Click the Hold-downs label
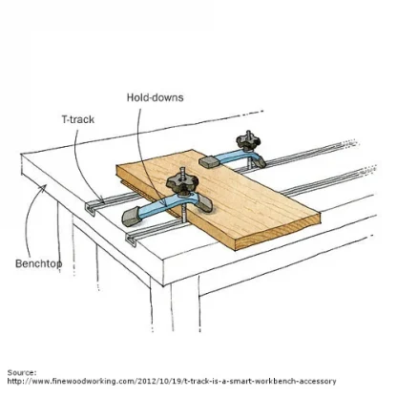156,97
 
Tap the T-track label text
78,119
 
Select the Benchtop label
39,263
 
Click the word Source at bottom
22,372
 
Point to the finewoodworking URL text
172,381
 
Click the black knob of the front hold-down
182,184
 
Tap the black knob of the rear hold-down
248,142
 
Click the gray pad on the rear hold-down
208,161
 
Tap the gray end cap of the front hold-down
131,217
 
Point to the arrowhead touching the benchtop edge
43,188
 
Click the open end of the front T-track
132,240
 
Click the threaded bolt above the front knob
182,174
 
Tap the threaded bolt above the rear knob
248,134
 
